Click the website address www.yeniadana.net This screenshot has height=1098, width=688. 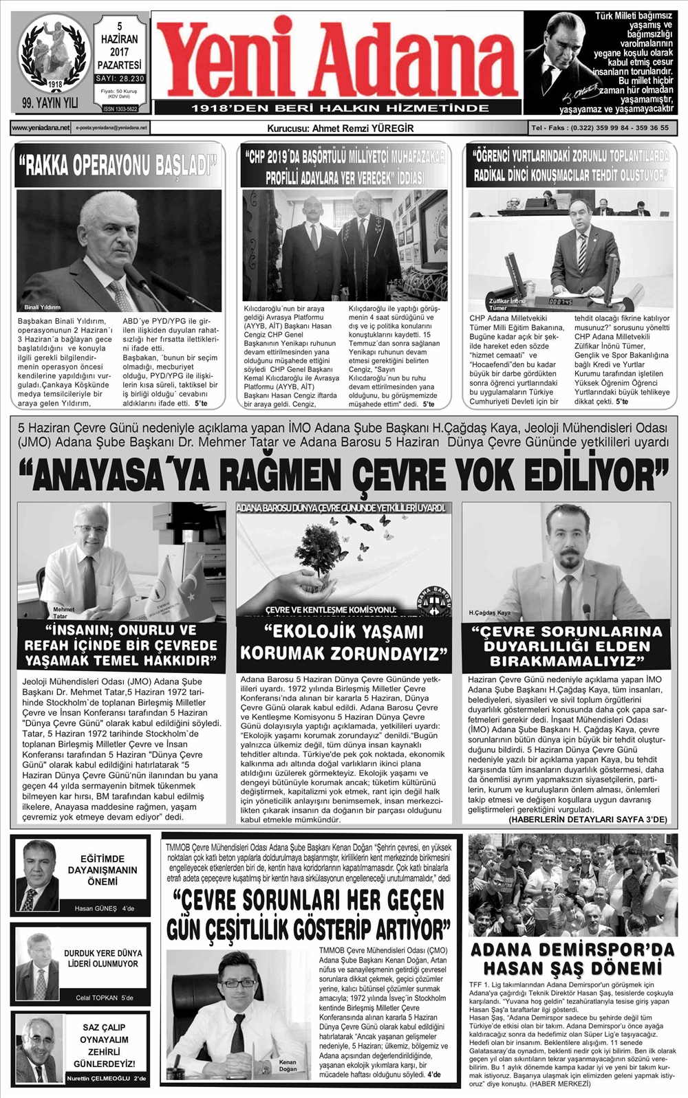(41, 128)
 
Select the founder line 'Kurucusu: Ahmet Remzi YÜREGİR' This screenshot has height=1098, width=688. (340, 128)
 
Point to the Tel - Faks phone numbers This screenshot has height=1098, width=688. (599, 128)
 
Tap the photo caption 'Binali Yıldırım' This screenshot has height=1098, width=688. (43, 307)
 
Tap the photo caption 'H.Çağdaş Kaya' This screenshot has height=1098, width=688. (489, 612)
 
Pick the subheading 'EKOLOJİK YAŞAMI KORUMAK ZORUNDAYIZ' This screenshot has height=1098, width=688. (343, 641)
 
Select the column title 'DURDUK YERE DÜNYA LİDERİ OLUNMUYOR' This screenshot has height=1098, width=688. (103, 958)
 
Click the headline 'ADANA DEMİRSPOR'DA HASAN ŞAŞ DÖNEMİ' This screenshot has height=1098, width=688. (572, 959)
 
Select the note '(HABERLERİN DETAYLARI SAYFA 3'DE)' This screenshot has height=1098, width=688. (588, 820)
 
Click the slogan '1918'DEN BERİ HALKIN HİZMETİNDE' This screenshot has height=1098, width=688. (340, 108)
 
